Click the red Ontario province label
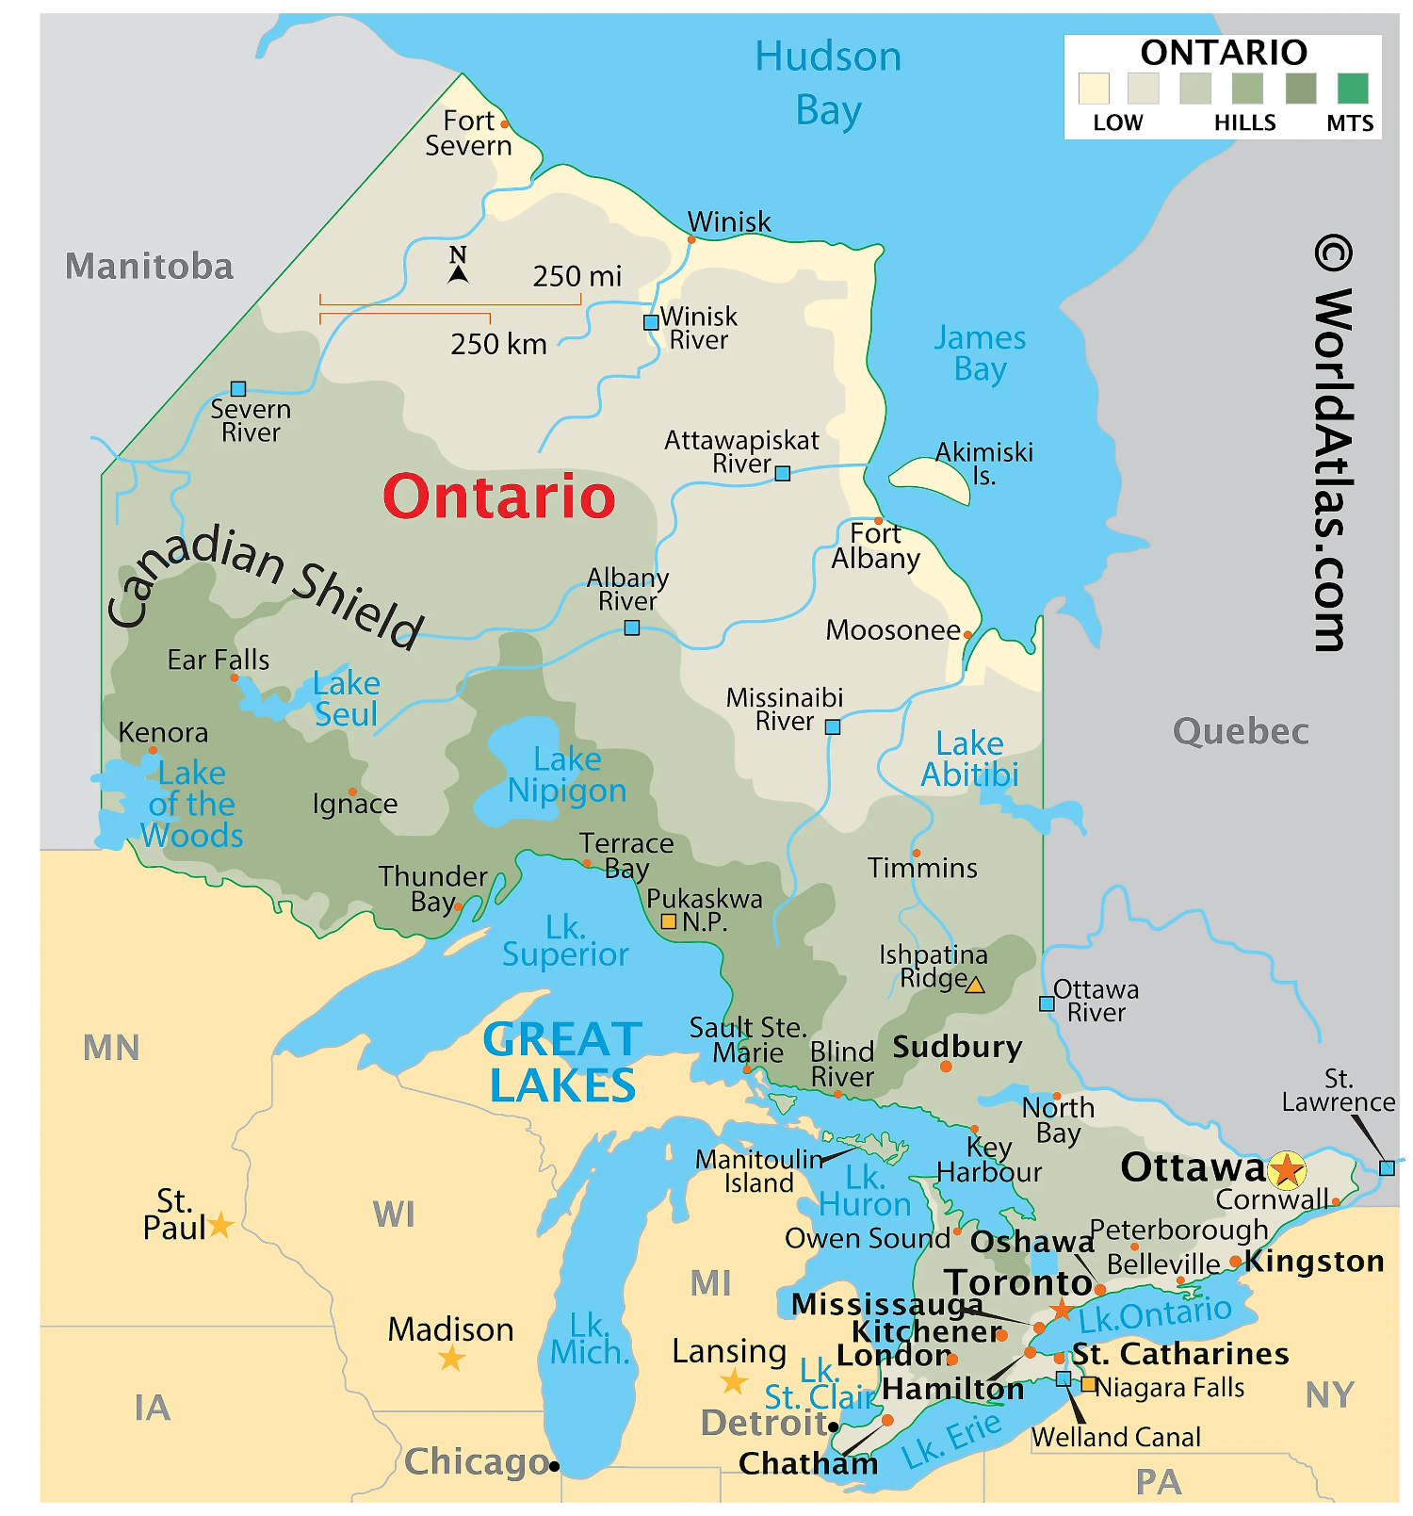click(x=498, y=497)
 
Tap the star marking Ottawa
click(x=1286, y=1170)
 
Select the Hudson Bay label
click(x=828, y=83)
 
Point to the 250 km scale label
click(x=498, y=344)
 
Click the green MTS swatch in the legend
click(x=1353, y=89)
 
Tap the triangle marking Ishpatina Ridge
click(x=976, y=986)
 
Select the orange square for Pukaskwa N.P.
click(x=669, y=921)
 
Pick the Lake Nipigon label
click(x=566, y=774)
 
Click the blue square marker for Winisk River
click(x=650, y=322)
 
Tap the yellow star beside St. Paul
click(x=220, y=1225)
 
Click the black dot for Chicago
click(x=554, y=1465)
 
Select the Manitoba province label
click(x=149, y=266)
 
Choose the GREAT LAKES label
click(x=562, y=1062)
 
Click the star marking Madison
click(x=452, y=1358)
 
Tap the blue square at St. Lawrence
click(x=1387, y=1168)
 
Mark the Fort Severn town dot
click(x=505, y=123)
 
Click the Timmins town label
click(x=922, y=868)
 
